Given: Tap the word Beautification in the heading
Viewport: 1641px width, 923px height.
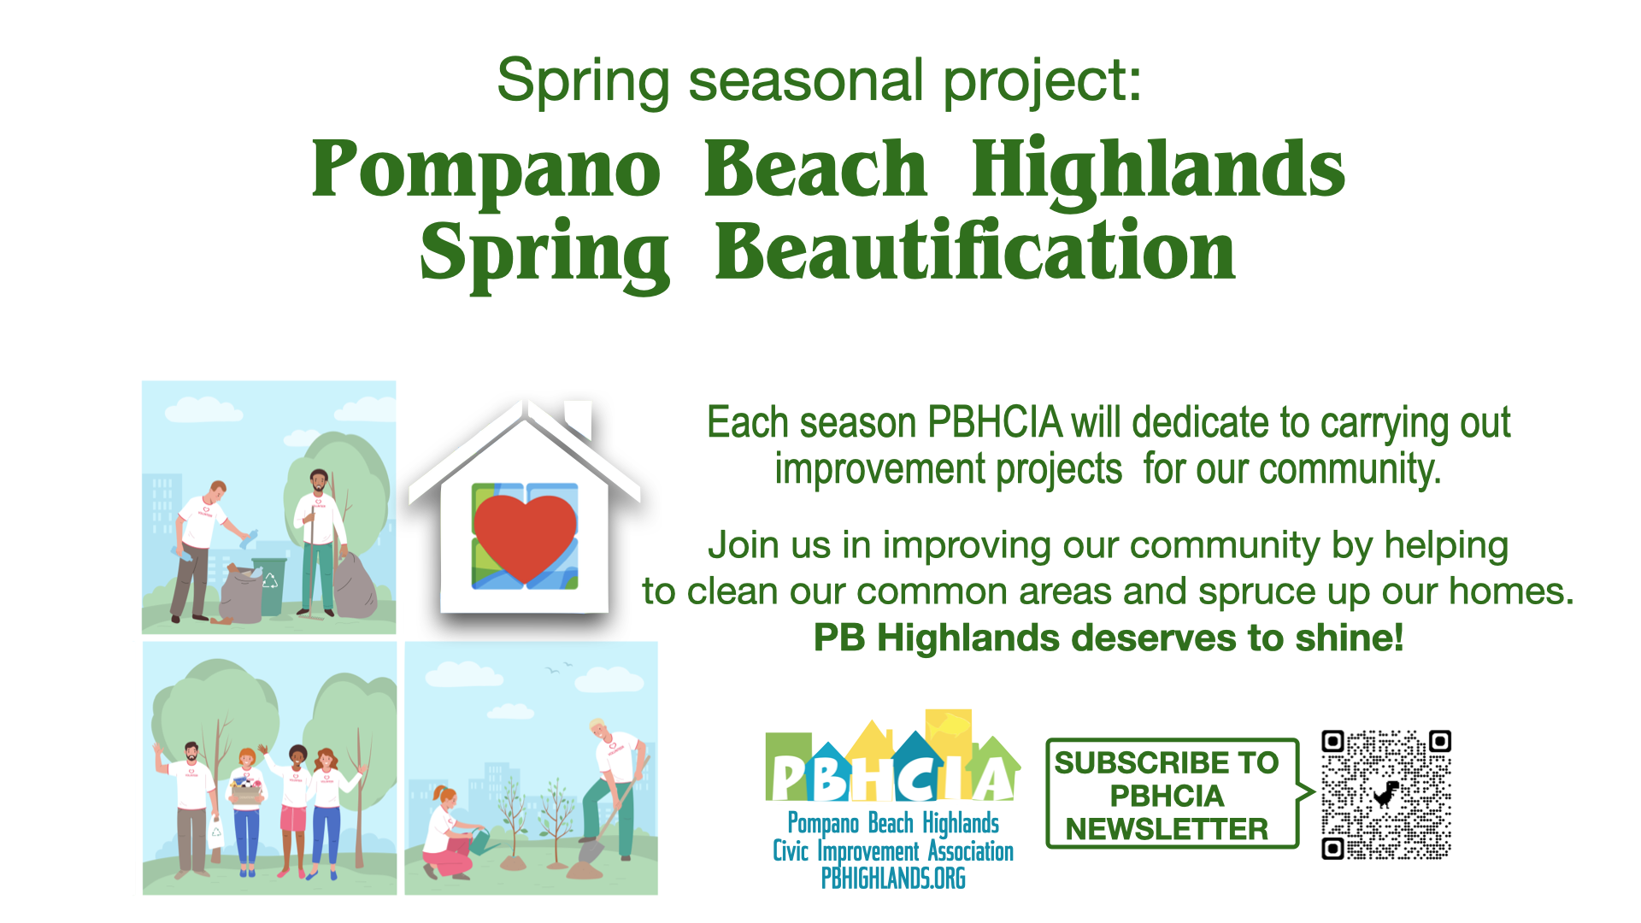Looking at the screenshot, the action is click(x=975, y=250).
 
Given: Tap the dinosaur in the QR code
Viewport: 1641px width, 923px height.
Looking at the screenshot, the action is click(x=1385, y=795).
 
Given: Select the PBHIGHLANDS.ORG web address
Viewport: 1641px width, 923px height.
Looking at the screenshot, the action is click(x=893, y=879).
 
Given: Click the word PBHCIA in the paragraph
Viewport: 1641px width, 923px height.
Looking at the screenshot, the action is click(x=995, y=423).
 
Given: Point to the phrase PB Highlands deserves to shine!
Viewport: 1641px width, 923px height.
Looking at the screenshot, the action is click(x=1109, y=638).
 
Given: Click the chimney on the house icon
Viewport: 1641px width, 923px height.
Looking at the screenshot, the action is click(x=579, y=418).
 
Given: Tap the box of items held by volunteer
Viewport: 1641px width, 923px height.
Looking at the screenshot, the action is click(x=246, y=791).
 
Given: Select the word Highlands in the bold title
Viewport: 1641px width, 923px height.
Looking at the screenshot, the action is click(x=1159, y=169).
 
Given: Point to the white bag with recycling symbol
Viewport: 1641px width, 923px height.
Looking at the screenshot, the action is click(x=215, y=831).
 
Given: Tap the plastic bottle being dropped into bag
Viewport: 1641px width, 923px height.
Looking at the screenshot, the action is click(x=249, y=538).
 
